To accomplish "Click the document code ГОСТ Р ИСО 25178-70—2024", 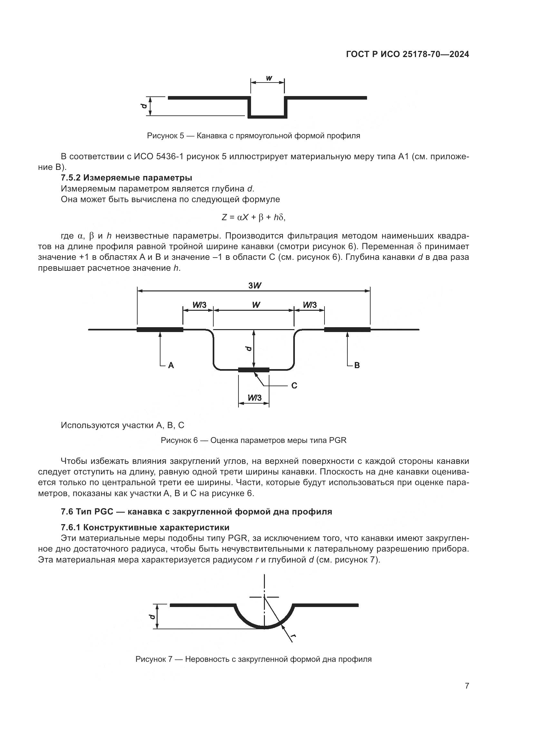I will (407, 54).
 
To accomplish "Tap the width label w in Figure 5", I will (269, 78).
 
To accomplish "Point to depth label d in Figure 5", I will (143, 106).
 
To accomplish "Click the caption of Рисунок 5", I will (253, 136).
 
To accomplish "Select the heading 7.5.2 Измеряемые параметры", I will (126, 178).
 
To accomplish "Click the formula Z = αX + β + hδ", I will (253, 217).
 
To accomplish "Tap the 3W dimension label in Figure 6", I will (254, 285).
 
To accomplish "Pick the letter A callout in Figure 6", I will (171, 365).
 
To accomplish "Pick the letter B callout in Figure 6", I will (357, 365).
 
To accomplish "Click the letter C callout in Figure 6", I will (294, 386).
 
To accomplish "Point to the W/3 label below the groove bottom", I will (254, 398).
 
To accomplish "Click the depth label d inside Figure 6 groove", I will (248, 348).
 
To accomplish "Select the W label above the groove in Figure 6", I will (256, 305).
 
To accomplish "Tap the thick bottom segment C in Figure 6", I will (253, 370).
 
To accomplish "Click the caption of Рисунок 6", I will (253, 440).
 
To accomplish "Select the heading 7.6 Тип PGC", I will (196, 512).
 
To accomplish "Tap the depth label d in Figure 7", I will (151, 616).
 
